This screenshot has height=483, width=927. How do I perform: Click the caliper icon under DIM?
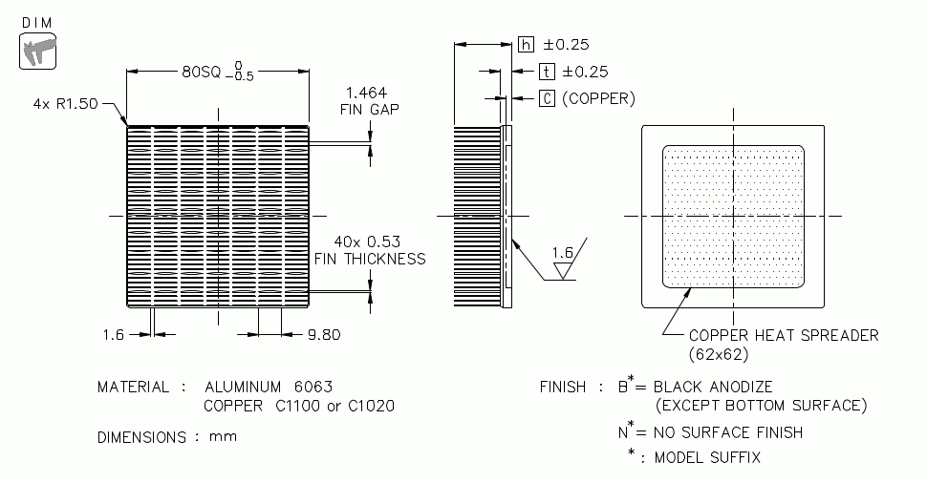(38, 50)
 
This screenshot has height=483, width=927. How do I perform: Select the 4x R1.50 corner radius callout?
(65, 105)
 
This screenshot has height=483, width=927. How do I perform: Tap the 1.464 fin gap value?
(366, 93)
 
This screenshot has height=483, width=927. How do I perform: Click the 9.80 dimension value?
(323, 334)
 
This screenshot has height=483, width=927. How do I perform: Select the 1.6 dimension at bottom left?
(113, 334)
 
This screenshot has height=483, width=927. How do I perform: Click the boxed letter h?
(527, 44)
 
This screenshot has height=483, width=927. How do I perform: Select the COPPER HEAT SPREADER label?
(784, 335)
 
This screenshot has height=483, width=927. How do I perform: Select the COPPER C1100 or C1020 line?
(299, 407)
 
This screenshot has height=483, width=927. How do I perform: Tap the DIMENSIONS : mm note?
(167, 437)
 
